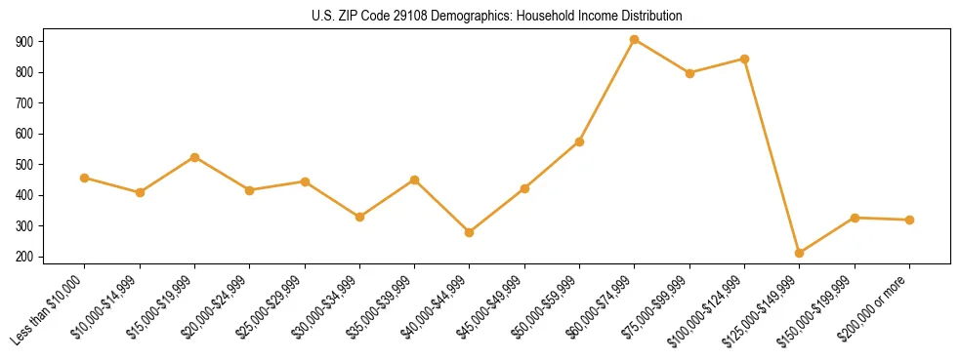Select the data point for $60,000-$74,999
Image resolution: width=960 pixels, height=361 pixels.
[635, 40]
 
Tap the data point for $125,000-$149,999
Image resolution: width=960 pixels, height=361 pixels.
[800, 253]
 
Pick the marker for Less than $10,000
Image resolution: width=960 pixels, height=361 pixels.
[85, 178]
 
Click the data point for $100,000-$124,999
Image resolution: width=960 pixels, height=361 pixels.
[745, 59]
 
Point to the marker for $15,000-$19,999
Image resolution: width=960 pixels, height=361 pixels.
[195, 157]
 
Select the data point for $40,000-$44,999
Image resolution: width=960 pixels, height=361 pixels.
[470, 232]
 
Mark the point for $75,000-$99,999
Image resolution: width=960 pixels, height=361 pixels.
[689, 73]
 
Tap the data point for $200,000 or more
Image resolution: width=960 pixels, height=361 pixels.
[910, 220]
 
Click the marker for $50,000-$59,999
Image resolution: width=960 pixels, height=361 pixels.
[580, 141]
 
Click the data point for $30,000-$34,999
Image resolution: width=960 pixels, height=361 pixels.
[360, 217]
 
